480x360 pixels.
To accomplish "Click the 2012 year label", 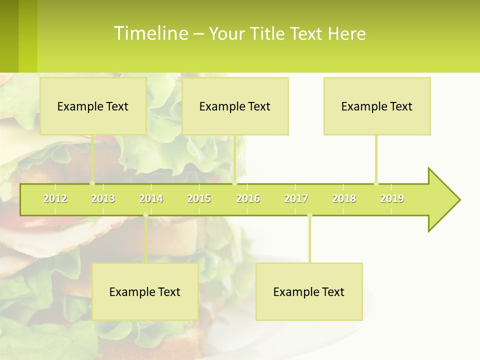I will (55, 198).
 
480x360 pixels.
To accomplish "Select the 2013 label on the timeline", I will (103, 198).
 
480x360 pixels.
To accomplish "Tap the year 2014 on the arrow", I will (151, 198).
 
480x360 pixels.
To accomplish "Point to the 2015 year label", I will (199, 198).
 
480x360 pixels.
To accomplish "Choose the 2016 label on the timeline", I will (248, 198).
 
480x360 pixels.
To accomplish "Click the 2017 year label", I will (296, 198).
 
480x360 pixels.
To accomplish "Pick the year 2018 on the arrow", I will (344, 198).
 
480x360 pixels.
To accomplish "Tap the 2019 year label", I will (392, 198).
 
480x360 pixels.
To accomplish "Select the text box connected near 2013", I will (93, 106).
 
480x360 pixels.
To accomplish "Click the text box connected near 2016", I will (235, 106).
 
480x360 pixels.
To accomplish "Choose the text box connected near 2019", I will (377, 106).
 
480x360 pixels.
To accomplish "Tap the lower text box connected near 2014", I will (145, 291).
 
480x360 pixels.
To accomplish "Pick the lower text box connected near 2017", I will (309, 291).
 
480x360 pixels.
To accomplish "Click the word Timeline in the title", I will (150, 33).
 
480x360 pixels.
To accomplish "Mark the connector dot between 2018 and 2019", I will (376, 183).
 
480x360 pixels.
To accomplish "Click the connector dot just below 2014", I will (145, 215).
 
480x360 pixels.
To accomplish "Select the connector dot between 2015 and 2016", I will (234, 183).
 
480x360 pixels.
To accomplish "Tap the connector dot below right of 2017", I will (309, 215).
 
